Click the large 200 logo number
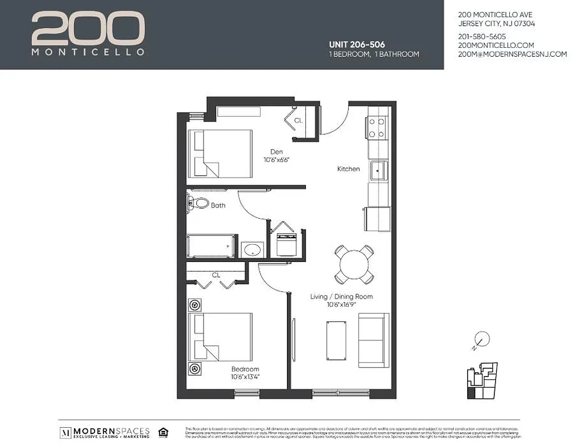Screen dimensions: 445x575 click(88, 29)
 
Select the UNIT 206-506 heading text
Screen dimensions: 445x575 click(356, 44)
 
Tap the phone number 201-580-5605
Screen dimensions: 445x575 click(482, 36)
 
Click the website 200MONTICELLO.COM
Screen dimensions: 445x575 click(496, 45)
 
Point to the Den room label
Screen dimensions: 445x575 click(276, 151)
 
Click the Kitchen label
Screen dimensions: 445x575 click(349, 169)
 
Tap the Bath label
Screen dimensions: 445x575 click(218, 205)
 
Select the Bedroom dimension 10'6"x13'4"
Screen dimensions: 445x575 click(245, 377)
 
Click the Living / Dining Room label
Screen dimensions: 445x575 click(341, 296)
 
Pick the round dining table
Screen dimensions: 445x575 click(354, 265)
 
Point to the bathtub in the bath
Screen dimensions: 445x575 click(212, 246)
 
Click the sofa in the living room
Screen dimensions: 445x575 click(374, 340)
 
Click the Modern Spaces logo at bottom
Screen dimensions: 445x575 click(105, 433)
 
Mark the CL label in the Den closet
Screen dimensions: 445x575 click(298, 120)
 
